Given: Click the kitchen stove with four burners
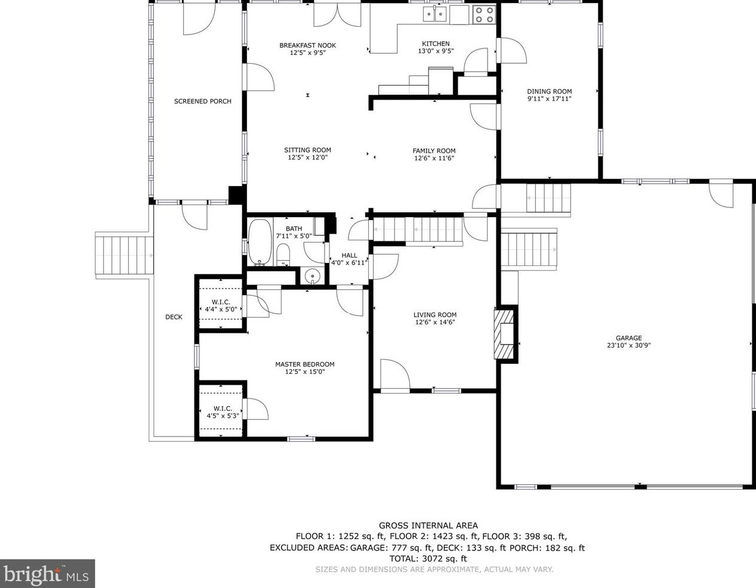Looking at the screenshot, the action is [x=485, y=14].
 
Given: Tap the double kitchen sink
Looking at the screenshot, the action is [x=435, y=14].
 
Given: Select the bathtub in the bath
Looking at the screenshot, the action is [x=260, y=242].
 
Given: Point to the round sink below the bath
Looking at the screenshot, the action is [x=312, y=277].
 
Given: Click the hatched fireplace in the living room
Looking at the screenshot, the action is [x=504, y=334].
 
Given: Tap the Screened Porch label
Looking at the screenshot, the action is [x=202, y=101].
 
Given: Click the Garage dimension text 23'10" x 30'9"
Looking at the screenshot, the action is [x=629, y=345].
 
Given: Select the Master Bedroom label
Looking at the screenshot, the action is [x=305, y=364].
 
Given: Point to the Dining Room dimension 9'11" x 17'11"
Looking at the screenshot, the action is [x=550, y=98].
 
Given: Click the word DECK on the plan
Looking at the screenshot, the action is [x=174, y=317].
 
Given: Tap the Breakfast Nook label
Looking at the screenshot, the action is [x=308, y=45].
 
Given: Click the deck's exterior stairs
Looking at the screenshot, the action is [x=125, y=256].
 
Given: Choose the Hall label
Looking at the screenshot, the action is [x=349, y=255].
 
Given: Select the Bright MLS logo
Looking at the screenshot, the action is [x=47, y=574].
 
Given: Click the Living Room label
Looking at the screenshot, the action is [x=435, y=315].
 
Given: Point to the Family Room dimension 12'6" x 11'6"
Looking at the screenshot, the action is [x=434, y=158].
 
